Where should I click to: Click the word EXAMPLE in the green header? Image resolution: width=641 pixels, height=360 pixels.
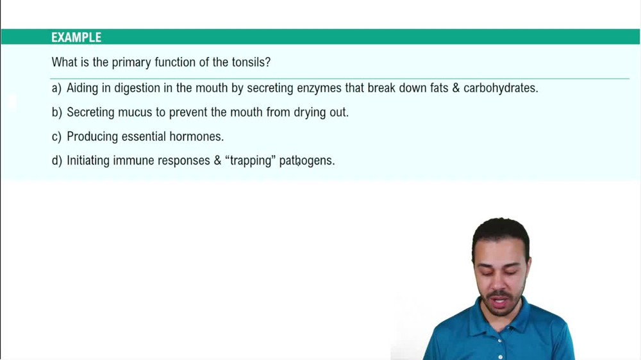click(x=76, y=38)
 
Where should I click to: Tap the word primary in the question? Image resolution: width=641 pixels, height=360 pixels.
click(x=133, y=63)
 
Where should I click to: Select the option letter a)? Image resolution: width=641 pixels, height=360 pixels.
click(x=56, y=88)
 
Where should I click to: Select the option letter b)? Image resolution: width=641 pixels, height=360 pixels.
click(x=56, y=113)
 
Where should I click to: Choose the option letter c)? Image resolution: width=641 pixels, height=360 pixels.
click(x=56, y=137)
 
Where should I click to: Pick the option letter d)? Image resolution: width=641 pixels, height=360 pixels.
click(x=56, y=161)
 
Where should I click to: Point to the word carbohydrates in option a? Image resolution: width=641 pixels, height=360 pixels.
click(x=501, y=88)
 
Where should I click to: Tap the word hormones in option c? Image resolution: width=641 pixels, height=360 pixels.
click(x=196, y=137)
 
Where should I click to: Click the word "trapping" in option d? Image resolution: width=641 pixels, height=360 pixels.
click(x=250, y=161)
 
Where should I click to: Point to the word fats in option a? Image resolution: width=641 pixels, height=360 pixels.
click(x=439, y=88)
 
